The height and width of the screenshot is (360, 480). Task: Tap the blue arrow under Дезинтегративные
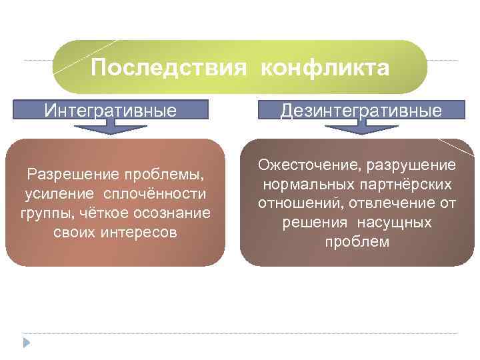pos(361,129)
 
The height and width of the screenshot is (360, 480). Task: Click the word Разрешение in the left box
pos(64,175)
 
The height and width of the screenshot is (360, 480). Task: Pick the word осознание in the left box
pos(174,214)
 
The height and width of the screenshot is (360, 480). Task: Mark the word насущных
pos(394,223)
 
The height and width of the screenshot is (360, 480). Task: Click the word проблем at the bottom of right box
pos(357,242)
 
